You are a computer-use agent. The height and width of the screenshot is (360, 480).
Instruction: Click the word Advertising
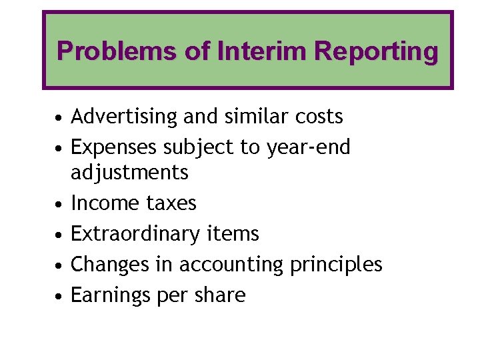tap(125, 117)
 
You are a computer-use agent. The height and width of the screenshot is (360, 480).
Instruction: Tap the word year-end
tap(309, 147)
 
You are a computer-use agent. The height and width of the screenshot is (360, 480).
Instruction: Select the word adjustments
tap(130, 173)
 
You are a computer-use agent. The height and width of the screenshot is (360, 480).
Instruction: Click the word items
tap(233, 234)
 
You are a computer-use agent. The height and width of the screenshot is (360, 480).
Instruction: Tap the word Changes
tap(108, 265)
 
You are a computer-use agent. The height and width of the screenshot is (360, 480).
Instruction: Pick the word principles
tap(336, 265)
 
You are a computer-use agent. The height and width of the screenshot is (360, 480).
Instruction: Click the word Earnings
tap(109, 295)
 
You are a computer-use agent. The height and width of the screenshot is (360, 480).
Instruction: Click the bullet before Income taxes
tap(59, 203)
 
